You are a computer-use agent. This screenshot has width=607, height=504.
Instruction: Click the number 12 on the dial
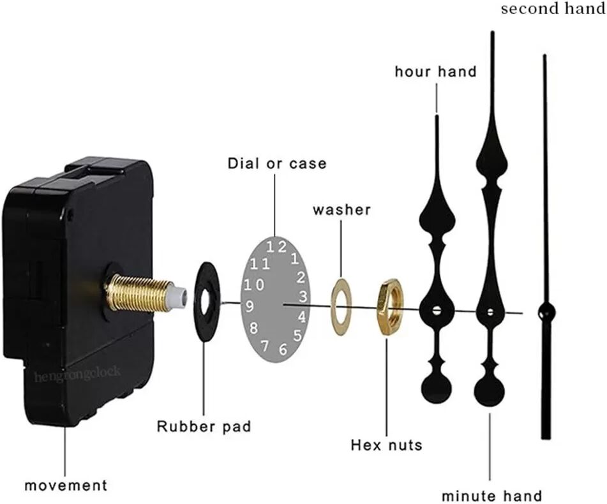pos(277,247)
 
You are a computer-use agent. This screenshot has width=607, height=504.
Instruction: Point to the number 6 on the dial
pos(283,349)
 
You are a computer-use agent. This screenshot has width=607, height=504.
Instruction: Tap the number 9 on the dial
pos(250,306)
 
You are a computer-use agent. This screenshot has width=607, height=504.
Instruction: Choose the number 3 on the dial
pos(303,296)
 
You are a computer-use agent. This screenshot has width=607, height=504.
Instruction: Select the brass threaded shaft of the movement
pos(140,292)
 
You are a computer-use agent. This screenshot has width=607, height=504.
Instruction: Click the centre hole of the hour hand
pos(437,310)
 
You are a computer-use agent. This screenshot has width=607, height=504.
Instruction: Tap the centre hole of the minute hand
pos(490,311)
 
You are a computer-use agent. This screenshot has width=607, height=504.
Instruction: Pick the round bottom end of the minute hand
pos(490,391)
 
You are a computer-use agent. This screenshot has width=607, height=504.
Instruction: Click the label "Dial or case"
pos(277,163)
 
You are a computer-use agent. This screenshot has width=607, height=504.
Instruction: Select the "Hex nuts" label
pos(386,445)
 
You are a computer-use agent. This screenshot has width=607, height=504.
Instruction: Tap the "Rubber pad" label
pos(204,426)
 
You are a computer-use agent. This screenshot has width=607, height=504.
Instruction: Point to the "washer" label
pos(341,210)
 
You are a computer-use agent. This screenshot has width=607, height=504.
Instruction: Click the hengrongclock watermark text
pos(77,374)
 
